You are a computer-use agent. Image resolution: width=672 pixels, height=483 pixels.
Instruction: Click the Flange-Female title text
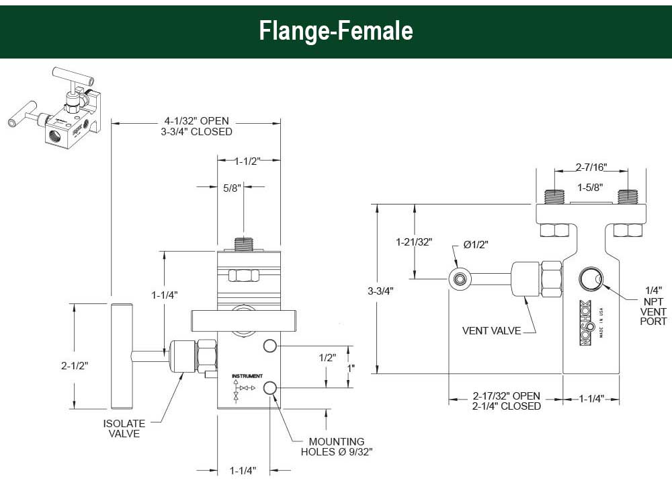click(336, 31)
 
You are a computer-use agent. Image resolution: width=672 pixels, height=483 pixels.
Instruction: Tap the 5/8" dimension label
click(233, 189)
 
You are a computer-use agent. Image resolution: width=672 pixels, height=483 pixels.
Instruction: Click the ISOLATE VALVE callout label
click(124, 429)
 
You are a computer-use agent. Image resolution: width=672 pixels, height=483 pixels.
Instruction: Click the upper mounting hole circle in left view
click(270, 346)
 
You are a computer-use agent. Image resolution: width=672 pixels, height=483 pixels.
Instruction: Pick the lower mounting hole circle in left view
click(271, 387)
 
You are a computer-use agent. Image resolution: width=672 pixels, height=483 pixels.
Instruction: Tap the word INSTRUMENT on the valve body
click(247, 375)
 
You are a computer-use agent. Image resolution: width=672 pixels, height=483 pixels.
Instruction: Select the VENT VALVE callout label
click(491, 331)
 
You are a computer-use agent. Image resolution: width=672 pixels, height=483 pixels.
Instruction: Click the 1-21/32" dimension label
click(413, 241)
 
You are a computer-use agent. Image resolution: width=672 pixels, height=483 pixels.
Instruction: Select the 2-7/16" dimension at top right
click(592, 166)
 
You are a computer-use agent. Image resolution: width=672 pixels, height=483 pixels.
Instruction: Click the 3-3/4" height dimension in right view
click(380, 291)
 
